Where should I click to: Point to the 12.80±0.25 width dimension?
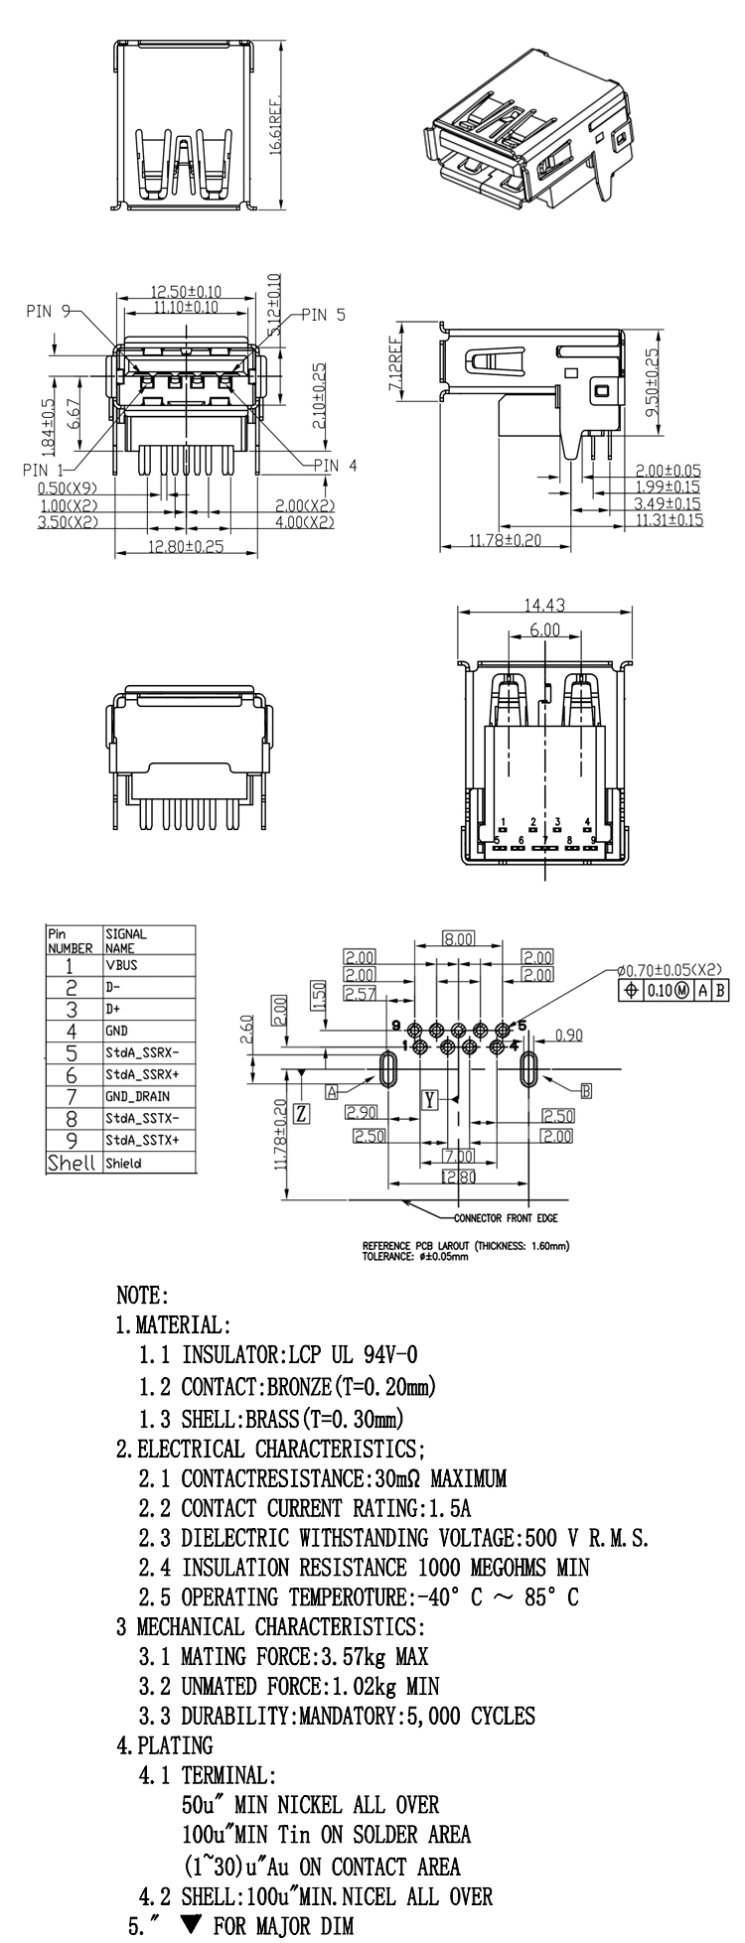tap(186, 546)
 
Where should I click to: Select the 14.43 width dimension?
tap(544, 606)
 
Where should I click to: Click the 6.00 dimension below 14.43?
tap(544, 629)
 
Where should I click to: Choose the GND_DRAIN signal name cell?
tap(137, 1096)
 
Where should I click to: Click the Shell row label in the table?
tap(72, 1163)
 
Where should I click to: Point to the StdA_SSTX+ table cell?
tap(142, 1140)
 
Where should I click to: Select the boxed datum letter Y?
tap(430, 1099)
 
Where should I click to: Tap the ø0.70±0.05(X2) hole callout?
tap(669, 970)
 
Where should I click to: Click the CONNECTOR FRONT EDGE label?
tap(506, 1217)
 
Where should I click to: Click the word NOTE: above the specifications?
tap(143, 1296)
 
